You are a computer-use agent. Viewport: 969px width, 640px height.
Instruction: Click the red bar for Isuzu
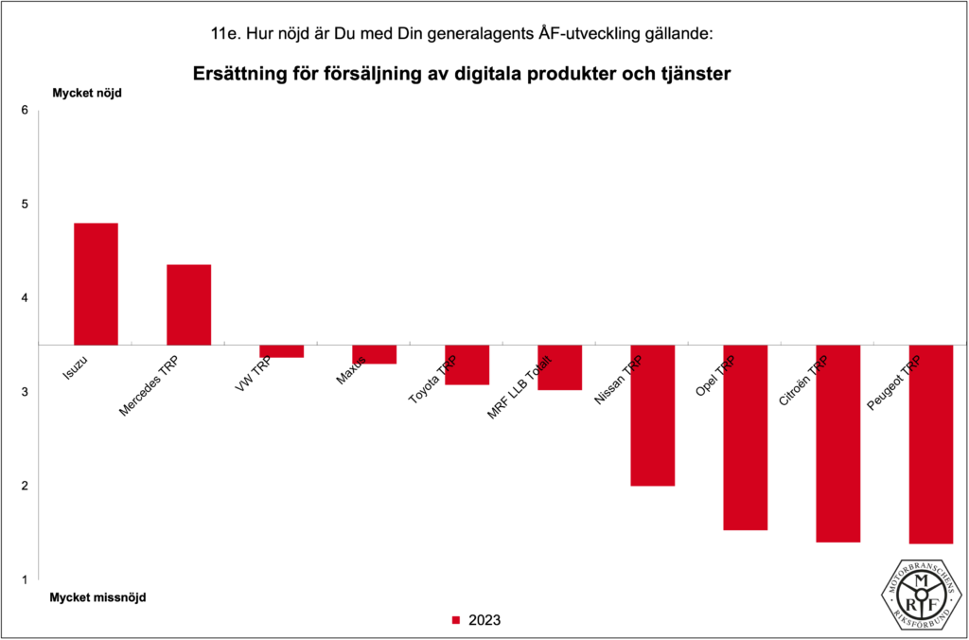point(96,284)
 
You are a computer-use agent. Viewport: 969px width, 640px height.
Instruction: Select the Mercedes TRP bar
point(188,305)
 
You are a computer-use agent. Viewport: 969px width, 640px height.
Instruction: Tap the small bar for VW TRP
point(281,351)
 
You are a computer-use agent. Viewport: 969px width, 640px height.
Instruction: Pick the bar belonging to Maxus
point(374,355)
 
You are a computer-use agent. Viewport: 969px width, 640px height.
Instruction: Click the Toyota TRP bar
point(467,365)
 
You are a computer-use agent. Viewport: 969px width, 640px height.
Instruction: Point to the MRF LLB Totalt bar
point(559,368)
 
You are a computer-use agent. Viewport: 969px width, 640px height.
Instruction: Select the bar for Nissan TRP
point(652,416)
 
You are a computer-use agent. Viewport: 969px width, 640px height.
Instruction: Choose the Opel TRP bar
point(745,437)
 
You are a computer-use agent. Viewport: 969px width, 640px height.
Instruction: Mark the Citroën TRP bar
point(837,443)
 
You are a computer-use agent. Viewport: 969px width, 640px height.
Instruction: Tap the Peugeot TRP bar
point(930,444)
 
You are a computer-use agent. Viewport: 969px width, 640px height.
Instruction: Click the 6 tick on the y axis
point(25,111)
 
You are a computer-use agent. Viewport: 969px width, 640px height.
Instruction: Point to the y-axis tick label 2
point(25,487)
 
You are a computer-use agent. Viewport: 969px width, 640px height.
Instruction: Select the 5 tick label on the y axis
point(25,204)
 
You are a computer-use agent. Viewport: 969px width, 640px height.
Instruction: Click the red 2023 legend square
point(455,621)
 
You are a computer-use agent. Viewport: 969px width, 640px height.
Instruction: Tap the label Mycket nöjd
point(86,93)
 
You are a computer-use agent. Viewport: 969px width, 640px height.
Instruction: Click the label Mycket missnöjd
point(98,597)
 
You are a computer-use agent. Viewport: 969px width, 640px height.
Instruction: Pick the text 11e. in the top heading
point(226,34)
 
